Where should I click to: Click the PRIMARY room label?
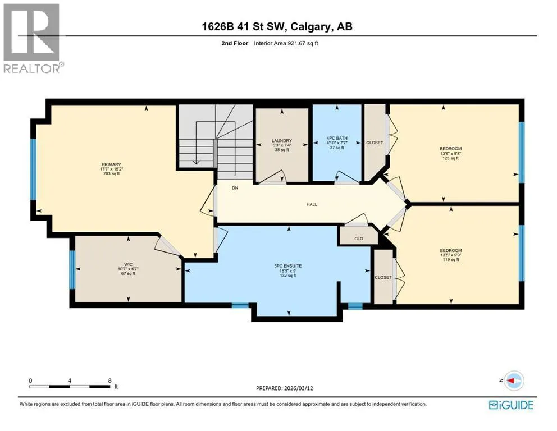tap(111, 164)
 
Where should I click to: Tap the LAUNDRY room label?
tap(282, 141)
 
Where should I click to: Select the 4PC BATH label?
tap(337, 138)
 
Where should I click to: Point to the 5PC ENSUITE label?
tap(287, 266)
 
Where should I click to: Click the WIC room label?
tap(128, 264)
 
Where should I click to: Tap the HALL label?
tap(312, 204)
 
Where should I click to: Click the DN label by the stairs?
tap(235, 188)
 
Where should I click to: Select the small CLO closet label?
tap(359, 239)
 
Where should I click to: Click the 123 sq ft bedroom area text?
tap(450, 158)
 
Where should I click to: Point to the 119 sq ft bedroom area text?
tap(451, 259)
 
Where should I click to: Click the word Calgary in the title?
tap(311, 26)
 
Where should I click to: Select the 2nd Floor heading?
tap(235, 43)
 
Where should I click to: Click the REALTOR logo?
tap(33, 38)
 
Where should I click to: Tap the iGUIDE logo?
tap(511, 405)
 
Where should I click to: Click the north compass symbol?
tap(514, 380)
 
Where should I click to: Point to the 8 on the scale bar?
tap(109, 380)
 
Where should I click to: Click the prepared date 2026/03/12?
tap(298, 388)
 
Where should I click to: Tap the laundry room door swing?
tap(273, 177)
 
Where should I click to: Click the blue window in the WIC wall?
tap(72, 270)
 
